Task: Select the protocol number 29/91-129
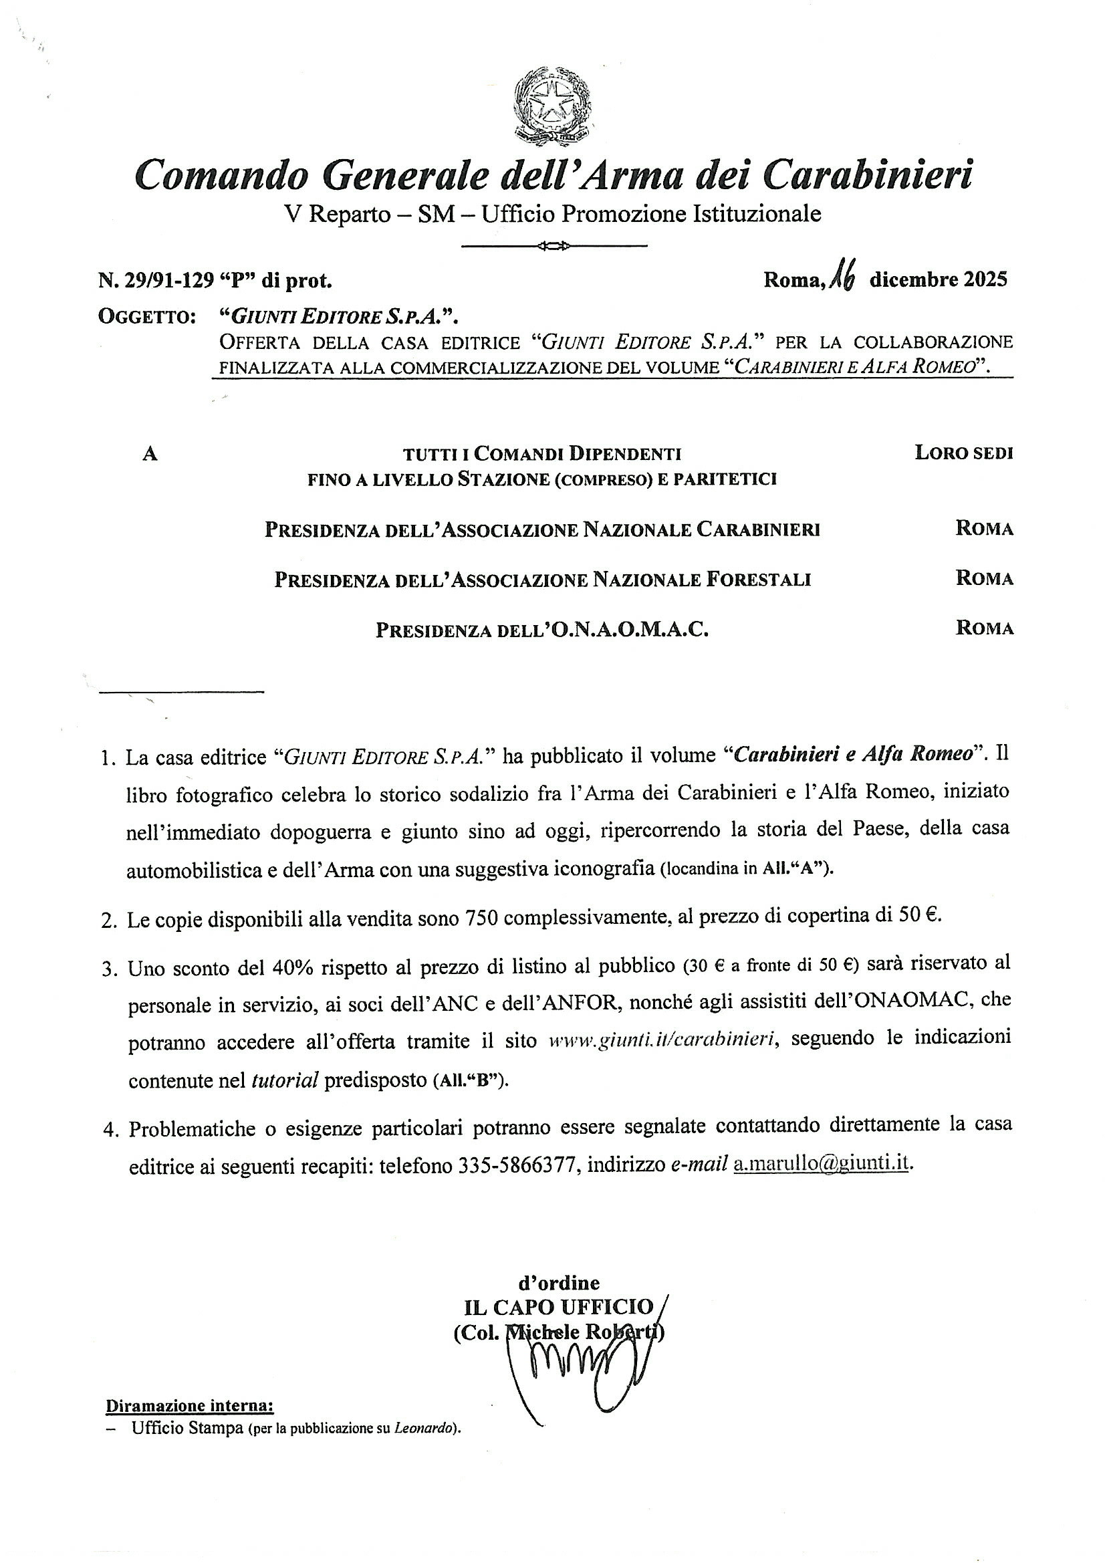[x=170, y=280]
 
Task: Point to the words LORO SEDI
[x=964, y=453]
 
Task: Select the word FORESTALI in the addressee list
[x=757, y=580]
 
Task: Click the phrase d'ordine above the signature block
[x=559, y=1283]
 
